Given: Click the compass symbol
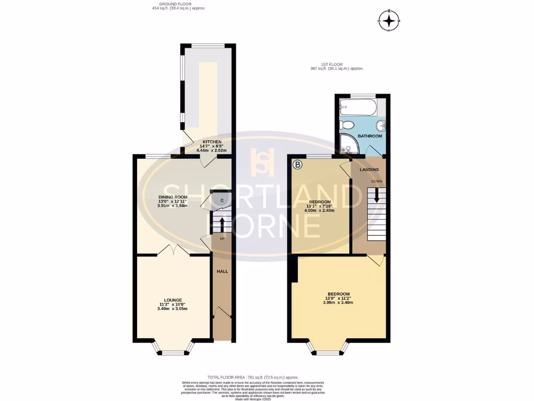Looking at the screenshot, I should [x=389, y=20].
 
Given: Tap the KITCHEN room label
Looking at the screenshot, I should [x=212, y=141].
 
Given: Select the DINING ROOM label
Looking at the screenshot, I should [x=172, y=197].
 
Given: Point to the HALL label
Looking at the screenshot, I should [x=222, y=272].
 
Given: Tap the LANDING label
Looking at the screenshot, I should [x=369, y=170].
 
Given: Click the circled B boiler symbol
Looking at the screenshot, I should [x=298, y=166].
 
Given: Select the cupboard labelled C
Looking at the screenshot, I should [x=222, y=200].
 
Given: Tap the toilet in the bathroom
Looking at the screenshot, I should [x=347, y=125].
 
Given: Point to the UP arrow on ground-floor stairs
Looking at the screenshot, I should [x=222, y=224].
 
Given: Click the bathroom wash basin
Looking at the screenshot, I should [x=382, y=126].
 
